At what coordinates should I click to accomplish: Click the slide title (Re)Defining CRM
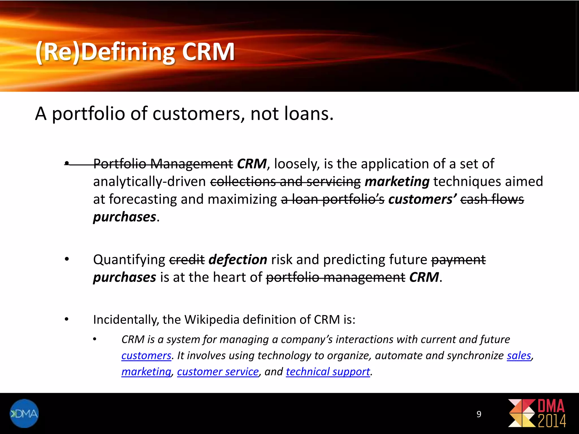pos(135,52)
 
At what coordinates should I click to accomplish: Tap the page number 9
pos(479,414)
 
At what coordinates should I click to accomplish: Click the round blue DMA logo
pos(24,413)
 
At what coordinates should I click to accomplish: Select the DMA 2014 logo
pos(537,413)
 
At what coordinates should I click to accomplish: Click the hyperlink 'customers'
pos(146,356)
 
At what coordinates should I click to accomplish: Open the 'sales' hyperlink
pos(519,356)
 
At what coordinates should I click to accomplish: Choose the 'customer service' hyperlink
pos(218,372)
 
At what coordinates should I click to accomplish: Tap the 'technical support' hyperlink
pos(328,372)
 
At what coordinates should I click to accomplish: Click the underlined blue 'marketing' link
pos(146,372)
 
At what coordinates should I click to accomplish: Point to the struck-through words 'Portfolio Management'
pos(163,164)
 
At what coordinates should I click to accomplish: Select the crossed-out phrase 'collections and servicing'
pos(285,182)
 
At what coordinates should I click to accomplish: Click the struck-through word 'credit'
pos(187,260)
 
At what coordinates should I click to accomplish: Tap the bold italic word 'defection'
pos(238,260)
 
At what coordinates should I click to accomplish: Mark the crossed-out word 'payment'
pos(458,260)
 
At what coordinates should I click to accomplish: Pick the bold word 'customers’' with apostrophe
pos(422,199)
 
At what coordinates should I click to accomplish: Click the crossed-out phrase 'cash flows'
pos(492,199)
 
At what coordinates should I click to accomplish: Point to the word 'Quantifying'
pos(129,260)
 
